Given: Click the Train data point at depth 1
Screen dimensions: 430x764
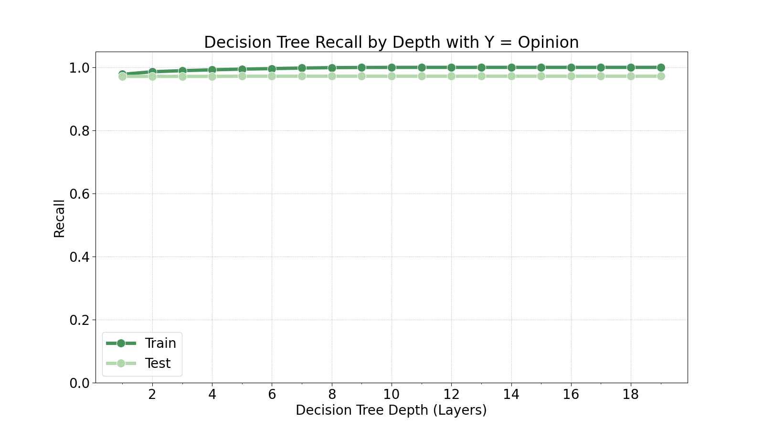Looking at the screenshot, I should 122,74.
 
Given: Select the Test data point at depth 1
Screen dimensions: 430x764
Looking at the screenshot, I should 122,76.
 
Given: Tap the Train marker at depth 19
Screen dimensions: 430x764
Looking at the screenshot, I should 661,67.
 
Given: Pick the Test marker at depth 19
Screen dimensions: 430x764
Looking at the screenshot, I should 661,76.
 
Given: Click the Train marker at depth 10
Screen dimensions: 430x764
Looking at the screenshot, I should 392,67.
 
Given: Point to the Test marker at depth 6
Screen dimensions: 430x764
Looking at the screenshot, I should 272,76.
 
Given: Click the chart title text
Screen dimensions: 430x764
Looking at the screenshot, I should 391,43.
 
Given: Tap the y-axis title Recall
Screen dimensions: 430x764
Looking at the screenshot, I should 59,218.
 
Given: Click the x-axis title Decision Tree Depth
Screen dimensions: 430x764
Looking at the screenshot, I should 391,410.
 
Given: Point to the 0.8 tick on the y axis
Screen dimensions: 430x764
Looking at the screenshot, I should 79,131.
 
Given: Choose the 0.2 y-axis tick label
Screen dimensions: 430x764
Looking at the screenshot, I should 79,320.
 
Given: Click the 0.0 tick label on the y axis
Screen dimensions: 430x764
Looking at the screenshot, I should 79,383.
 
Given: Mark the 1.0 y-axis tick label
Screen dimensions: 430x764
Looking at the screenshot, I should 79,68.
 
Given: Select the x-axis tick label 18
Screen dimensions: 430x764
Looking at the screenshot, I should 631,394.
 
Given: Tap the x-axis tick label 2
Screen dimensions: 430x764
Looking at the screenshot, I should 152,394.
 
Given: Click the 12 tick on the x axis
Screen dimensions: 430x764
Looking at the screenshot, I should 451,394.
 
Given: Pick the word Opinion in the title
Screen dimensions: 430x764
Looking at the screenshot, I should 548,43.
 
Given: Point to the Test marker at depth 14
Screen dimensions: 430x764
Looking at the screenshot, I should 511,76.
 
